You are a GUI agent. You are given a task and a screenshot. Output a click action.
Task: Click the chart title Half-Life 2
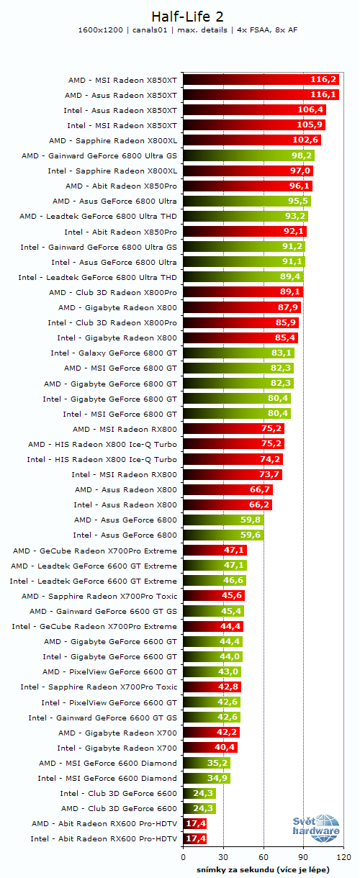click(x=179, y=16)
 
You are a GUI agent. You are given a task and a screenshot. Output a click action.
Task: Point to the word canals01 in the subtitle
click(x=152, y=30)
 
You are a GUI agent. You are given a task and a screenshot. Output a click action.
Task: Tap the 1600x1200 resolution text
click(x=101, y=30)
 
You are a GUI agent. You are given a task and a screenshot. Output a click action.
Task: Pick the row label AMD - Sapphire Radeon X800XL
click(x=112, y=140)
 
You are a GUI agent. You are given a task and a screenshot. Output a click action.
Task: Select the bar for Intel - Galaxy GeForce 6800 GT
click(x=238, y=353)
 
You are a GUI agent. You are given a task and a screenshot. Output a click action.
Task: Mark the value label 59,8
click(x=249, y=520)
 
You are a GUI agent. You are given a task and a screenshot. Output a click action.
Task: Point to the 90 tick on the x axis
click(x=303, y=858)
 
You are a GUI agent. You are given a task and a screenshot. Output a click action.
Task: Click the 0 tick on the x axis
click(x=184, y=858)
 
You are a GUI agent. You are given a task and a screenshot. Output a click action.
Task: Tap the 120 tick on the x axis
click(x=343, y=858)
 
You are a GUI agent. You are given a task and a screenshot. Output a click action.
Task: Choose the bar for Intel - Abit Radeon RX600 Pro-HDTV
click(x=195, y=838)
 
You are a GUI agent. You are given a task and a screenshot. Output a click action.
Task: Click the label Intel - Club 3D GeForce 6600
click(x=118, y=793)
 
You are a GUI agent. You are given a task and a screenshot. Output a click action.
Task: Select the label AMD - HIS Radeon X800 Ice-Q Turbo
click(x=102, y=444)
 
